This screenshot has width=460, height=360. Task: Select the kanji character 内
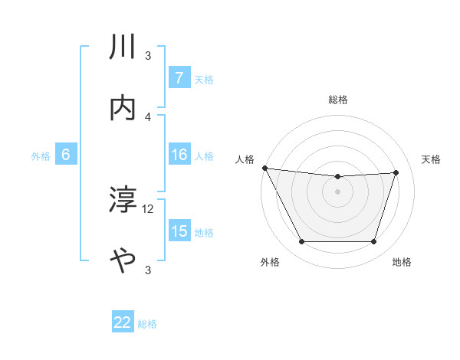pyautogui.click(x=123, y=108)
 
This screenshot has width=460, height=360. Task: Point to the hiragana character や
pyautogui.click(x=123, y=261)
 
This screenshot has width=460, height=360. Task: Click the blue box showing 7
pyautogui.click(x=179, y=78)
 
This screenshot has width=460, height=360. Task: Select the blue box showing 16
pyautogui.click(x=179, y=155)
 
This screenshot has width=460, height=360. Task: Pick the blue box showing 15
pyautogui.click(x=179, y=232)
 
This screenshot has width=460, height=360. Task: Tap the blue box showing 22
pyautogui.click(x=123, y=323)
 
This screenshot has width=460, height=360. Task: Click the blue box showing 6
pyautogui.click(x=66, y=155)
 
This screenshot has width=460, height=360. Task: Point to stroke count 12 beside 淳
pyautogui.click(x=148, y=208)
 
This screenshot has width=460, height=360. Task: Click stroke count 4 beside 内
pyautogui.click(x=148, y=116)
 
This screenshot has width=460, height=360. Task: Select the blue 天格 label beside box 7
pyautogui.click(x=204, y=79)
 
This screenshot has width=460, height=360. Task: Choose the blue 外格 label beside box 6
pyautogui.click(x=41, y=156)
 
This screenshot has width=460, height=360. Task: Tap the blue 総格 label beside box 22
pyautogui.click(x=148, y=324)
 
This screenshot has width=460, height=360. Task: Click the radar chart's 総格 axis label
pyautogui.click(x=338, y=100)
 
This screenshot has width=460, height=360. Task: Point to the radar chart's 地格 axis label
pyautogui.click(x=402, y=262)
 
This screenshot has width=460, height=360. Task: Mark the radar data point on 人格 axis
pyautogui.click(x=264, y=168)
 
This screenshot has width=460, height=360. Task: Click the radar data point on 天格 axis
pyautogui.click(x=396, y=172)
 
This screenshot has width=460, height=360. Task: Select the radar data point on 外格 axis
pyautogui.click(x=301, y=242)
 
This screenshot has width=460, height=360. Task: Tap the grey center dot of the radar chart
pyautogui.click(x=338, y=191)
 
